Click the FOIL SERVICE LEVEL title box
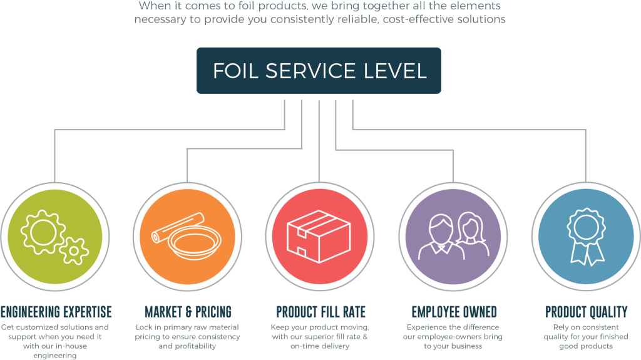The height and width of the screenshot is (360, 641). (319, 70)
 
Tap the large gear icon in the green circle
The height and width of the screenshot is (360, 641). (43, 231)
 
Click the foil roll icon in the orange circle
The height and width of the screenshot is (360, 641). (178, 225)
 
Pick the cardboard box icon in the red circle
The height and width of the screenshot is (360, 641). (318, 235)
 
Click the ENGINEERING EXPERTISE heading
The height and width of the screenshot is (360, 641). (56, 312)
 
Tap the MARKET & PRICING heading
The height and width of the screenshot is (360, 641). (188, 312)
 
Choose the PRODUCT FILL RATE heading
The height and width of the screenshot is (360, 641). (320, 312)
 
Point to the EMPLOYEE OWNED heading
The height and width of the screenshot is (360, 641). (454, 312)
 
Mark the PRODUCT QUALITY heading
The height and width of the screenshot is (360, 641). (586, 312)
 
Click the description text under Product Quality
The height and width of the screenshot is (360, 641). (586, 337)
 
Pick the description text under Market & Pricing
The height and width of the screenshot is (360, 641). (188, 337)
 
